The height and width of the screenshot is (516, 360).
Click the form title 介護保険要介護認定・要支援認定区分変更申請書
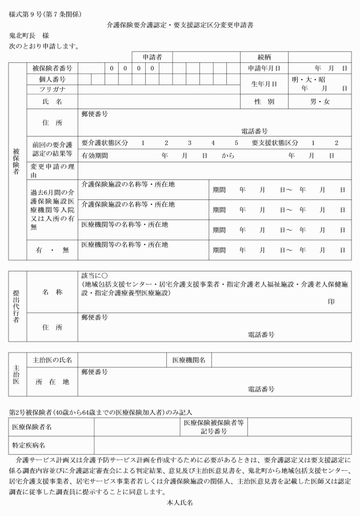coord(180,26)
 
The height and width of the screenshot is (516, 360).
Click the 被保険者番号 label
coord(52,68)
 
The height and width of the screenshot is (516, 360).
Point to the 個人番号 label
coord(52,79)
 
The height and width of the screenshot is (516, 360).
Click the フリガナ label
coord(52,89)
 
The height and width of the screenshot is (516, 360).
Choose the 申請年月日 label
coord(264,68)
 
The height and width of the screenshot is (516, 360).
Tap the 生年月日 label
coord(264,84)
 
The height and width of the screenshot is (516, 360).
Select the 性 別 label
coord(265,102)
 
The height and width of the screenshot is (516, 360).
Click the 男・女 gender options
coord(320,102)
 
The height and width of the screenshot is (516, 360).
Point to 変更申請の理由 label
coord(52,170)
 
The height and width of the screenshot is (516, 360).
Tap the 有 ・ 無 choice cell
coord(52,250)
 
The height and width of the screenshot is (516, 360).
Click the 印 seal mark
coord(331,301)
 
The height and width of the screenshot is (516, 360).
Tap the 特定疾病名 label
coord(30,445)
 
